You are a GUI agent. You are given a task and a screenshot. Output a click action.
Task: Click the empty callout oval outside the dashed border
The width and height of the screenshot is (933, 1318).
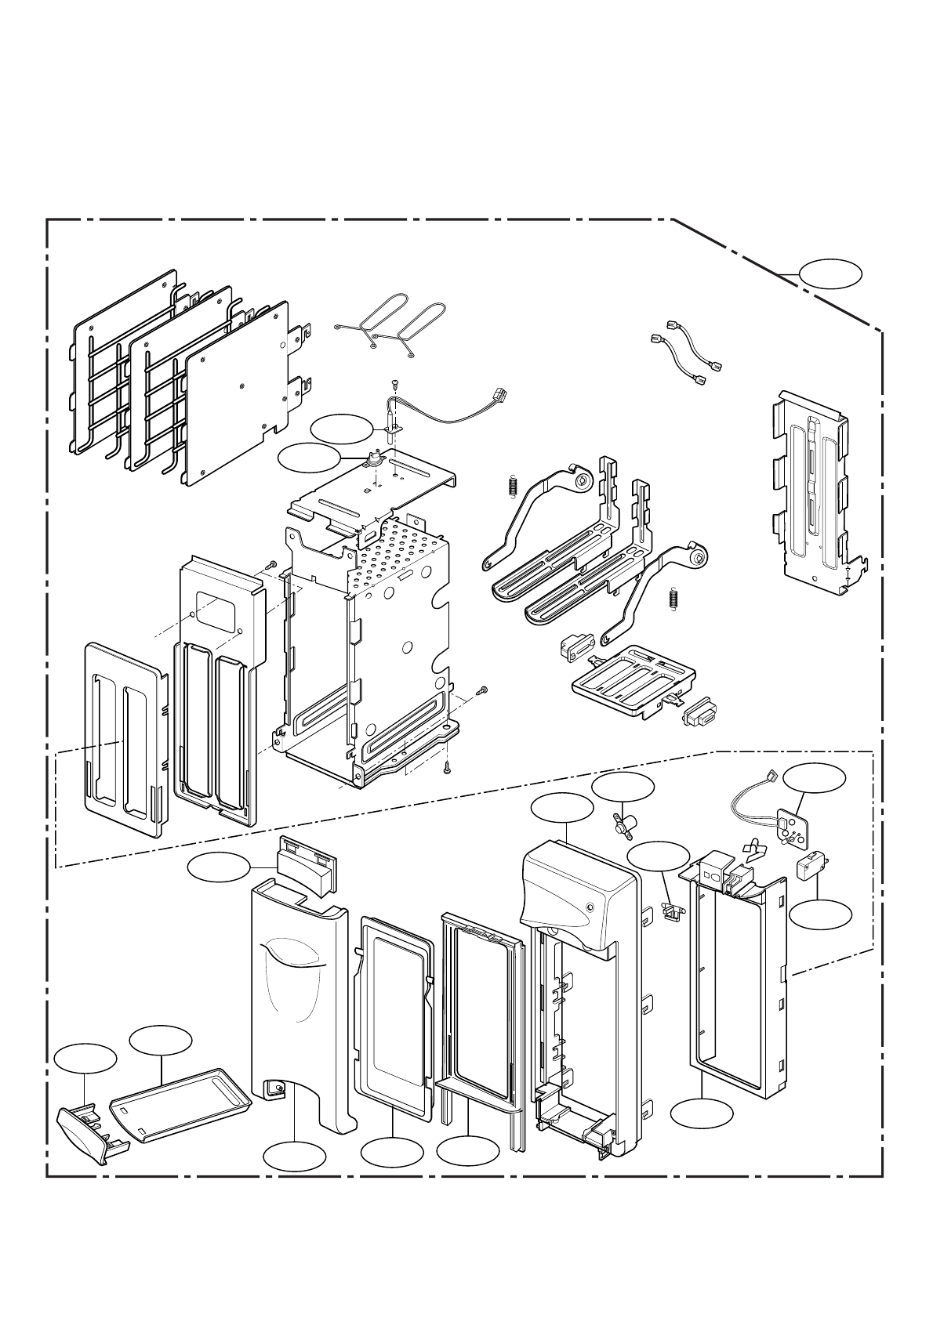[x=830, y=275]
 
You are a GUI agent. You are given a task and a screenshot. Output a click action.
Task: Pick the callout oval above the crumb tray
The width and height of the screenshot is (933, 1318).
[x=161, y=1039]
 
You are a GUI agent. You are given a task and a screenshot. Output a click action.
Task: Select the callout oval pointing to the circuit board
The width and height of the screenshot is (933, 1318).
[x=815, y=777]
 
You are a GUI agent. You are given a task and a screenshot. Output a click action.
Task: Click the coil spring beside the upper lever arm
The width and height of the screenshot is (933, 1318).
[x=513, y=487]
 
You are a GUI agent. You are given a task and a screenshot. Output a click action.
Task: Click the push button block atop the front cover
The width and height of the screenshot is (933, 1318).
[x=306, y=862]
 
